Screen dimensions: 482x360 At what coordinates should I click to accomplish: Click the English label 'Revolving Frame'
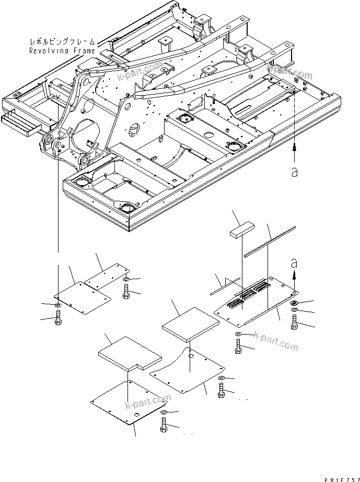click(62, 51)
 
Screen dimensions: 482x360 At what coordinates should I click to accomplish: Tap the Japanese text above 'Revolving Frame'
click(63, 40)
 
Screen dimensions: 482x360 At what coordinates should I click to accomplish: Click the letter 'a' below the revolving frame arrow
click(295, 172)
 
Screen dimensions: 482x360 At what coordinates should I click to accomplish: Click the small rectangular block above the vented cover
click(240, 229)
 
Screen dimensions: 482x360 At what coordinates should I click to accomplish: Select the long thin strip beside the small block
click(269, 242)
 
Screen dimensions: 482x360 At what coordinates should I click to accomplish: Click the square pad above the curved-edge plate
click(187, 320)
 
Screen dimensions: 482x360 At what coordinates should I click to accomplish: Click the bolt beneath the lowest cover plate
click(162, 427)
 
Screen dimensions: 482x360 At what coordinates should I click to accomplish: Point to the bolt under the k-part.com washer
click(239, 347)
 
